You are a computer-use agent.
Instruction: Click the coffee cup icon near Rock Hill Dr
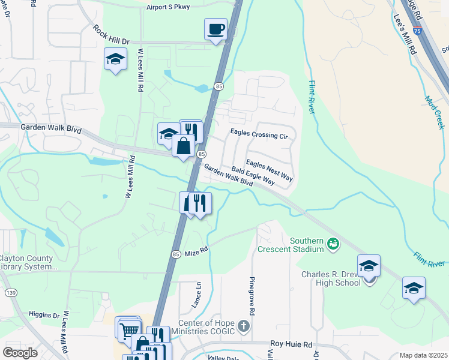[x=215, y=29]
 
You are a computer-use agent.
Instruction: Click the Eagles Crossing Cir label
[x=259, y=136]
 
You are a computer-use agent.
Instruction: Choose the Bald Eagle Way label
[x=253, y=176]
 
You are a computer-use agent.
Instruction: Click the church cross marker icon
[x=243, y=327]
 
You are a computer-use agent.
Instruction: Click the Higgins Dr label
[x=44, y=315]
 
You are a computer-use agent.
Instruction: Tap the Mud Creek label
[x=433, y=112]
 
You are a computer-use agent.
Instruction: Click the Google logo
[x=20, y=353]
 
